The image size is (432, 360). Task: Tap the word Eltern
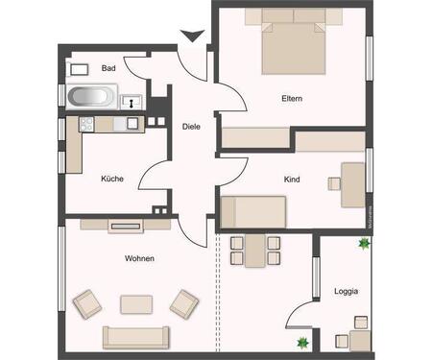292,99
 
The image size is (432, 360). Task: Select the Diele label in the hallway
191,127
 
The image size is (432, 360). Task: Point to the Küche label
112,179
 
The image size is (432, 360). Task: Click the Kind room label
292,180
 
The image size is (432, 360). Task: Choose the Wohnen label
139,258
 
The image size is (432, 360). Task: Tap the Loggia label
347,291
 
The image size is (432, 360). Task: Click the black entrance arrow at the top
192,36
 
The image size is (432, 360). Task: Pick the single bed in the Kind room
253,209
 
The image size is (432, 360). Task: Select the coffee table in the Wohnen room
135,303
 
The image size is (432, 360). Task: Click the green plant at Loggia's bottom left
302,343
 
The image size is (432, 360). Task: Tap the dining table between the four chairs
254,252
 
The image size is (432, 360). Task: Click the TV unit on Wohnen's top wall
125,226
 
